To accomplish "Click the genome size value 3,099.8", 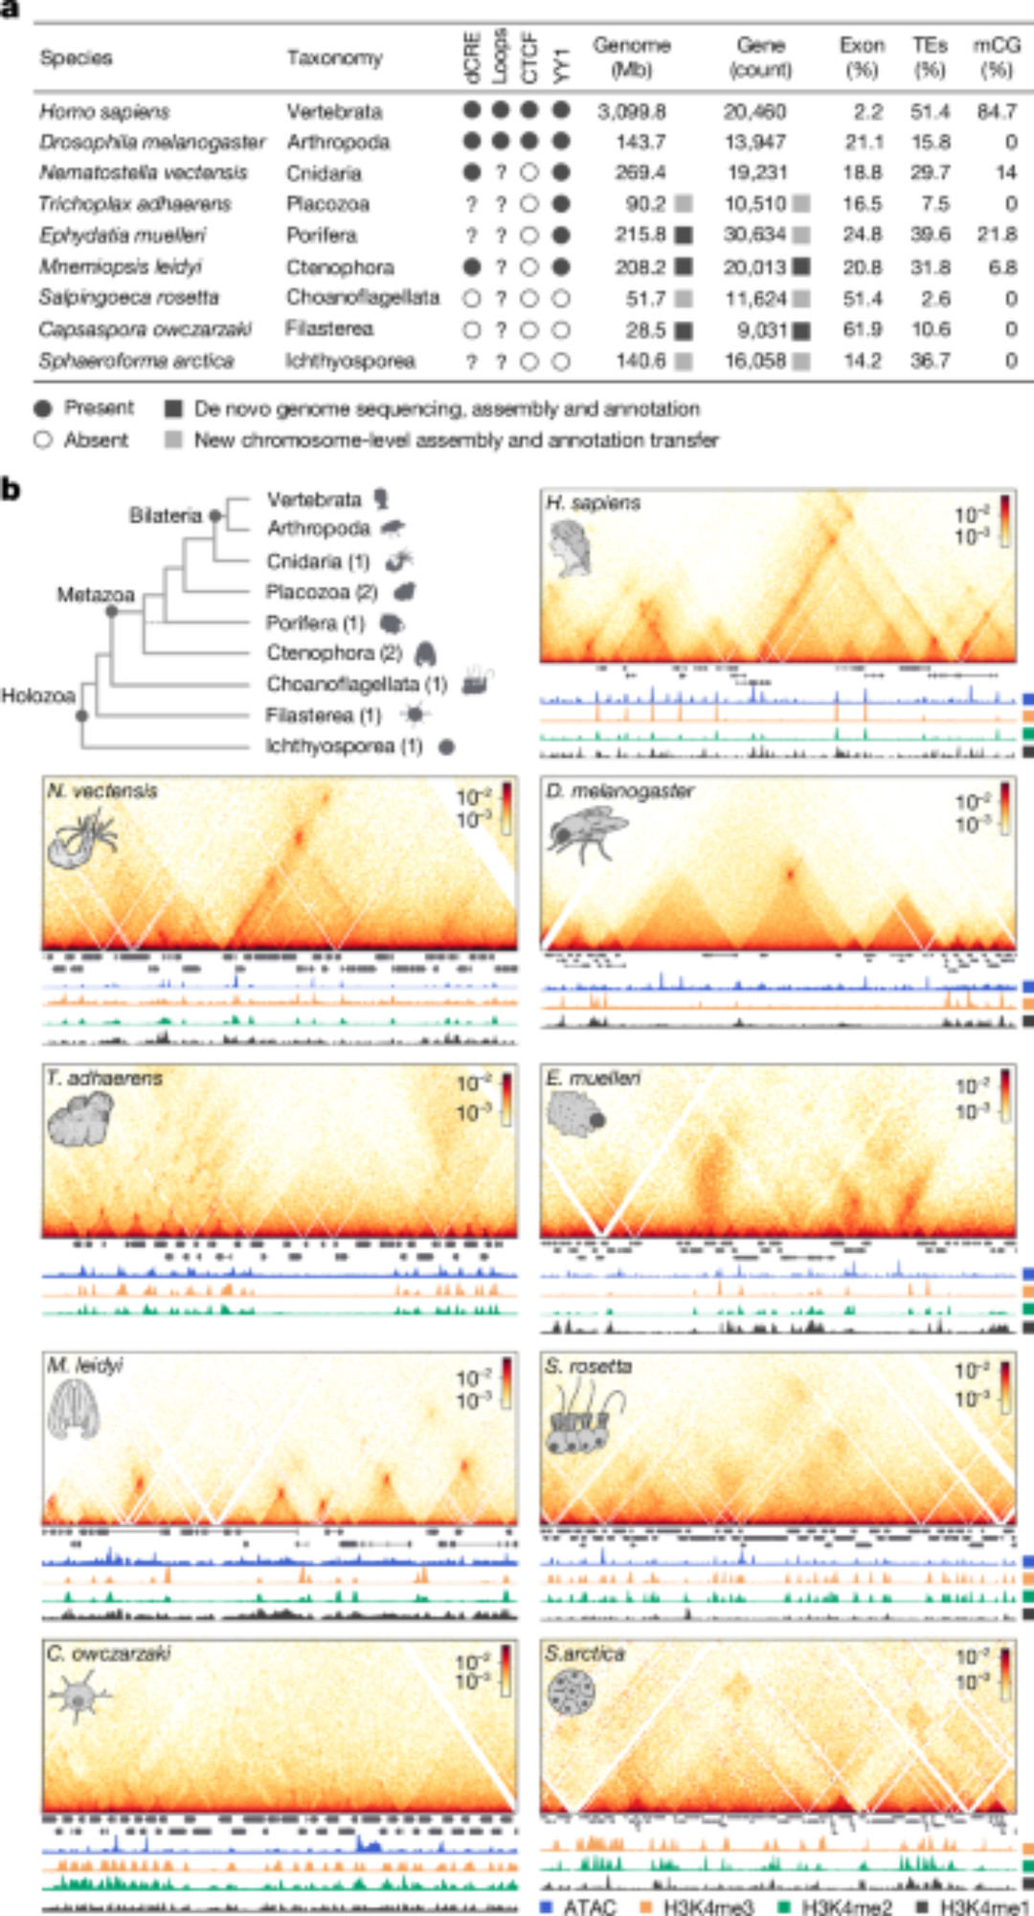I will (631, 112).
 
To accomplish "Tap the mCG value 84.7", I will (997, 112).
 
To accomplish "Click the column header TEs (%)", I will (930, 57).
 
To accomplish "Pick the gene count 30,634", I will (754, 235).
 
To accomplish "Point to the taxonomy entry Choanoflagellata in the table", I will (363, 297).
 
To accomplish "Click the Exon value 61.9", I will (863, 330).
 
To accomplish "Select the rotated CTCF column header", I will (530, 58).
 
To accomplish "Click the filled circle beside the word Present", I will (43, 409).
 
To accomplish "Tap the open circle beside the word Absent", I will (43, 441).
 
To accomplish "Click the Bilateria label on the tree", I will (166, 515).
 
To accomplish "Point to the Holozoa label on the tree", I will (38, 696).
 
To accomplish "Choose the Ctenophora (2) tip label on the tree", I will (333, 653).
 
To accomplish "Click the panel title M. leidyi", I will (85, 1365).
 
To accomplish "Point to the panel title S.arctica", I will (584, 1654).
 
